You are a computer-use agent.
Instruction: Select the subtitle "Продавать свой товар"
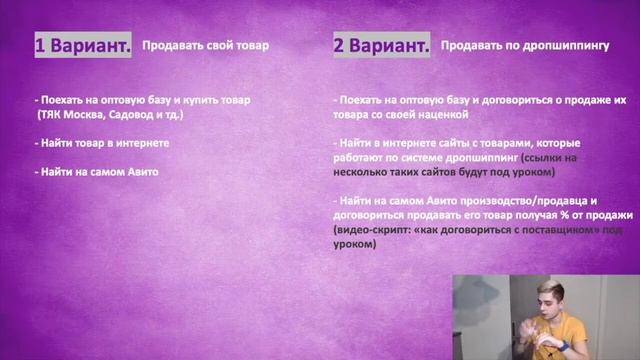205,45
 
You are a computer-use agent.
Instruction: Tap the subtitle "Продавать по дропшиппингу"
525,45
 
